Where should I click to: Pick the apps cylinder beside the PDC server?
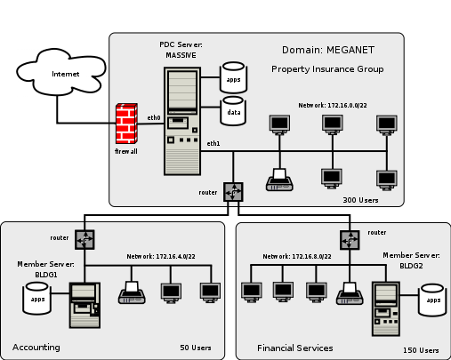tap(233, 78)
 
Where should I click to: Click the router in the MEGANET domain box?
tap(233, 192)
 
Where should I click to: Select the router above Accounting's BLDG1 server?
tap(85, 239)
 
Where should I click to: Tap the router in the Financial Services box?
tap(348, 239)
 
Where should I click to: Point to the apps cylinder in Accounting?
tap(38, 300)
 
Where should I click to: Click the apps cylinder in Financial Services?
tap(433, 300)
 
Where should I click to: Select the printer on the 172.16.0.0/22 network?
tap(280, 180)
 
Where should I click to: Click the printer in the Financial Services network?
tap(349, 292)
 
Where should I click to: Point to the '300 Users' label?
tap(360, 201)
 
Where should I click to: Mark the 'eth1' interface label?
tap(213, 143)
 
